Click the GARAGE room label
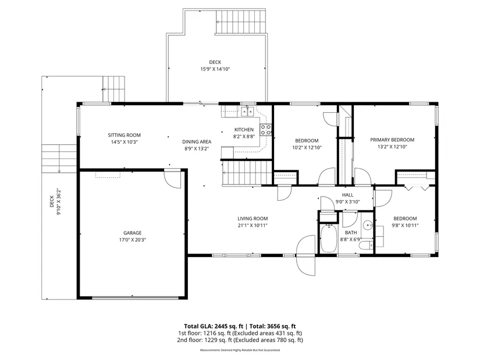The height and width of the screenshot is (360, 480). [x=133, y=233]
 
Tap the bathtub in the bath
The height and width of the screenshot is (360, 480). [x=329, y=239]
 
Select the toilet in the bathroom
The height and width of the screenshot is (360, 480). [x=366, y=245]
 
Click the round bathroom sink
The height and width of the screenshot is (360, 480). [x=367, y=226]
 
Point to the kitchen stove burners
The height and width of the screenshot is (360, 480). [x=265, y=130]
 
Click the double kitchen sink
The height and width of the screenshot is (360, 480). [x=247, y=112]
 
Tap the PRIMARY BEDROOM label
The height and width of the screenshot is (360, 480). [x=392, y=140]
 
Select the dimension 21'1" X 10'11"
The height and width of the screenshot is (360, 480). [x=253, y=226]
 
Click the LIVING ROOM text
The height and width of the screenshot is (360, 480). [x=253, y=219]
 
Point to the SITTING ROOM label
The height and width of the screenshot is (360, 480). [x=125, y=135]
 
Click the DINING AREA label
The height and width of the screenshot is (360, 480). [x=197, y=142]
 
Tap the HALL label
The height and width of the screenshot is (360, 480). [x=348, y=195]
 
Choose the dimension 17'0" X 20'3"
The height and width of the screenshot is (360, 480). [x=133, y=240]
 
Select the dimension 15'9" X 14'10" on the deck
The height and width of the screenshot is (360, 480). [x=215, y=69]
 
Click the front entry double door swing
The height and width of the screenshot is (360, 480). [x=306, y=255]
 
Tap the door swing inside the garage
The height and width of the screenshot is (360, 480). [x=173, y=179]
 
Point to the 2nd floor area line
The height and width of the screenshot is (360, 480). [x=240, y=340]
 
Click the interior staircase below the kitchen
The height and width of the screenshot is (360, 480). [x=247, y=173]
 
